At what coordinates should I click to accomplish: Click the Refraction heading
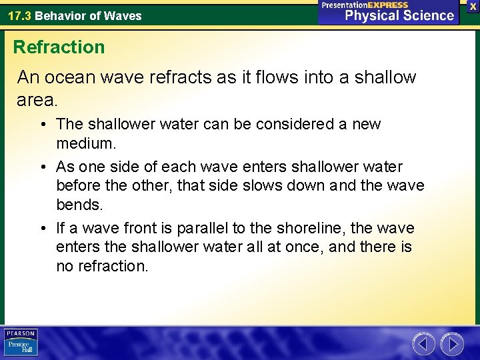click(x=59, y=47)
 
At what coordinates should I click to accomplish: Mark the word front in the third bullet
click(x=129, y=228)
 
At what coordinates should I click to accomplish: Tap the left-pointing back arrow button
click(x=423, y=344)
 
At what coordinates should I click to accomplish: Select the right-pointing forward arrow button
click(x=451, y=344)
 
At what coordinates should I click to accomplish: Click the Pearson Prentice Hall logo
click(x=21, y=343)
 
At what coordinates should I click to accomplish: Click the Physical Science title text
click(x=399, y=15)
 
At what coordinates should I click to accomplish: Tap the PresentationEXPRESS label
click(x=364, y=5)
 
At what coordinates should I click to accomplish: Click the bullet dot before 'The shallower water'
click(x=41, y=124)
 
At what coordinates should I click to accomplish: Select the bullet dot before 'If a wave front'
click(x=41, y=228)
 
